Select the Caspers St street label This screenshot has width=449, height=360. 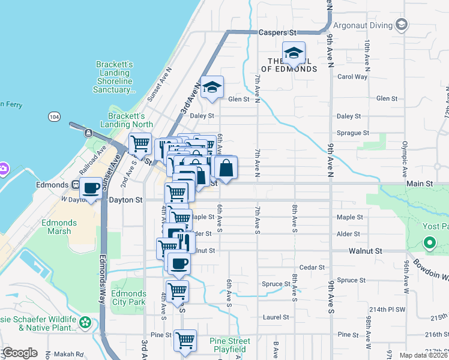278,32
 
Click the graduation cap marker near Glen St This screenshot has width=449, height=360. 212,88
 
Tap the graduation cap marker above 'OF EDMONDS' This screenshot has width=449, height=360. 294,53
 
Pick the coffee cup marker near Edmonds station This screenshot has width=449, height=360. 91,188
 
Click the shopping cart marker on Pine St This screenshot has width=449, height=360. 185,340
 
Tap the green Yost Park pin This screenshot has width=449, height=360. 429,243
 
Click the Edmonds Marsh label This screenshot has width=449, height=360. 59,227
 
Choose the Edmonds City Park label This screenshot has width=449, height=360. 128,298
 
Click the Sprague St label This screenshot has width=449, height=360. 353,133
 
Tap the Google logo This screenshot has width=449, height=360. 20,353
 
